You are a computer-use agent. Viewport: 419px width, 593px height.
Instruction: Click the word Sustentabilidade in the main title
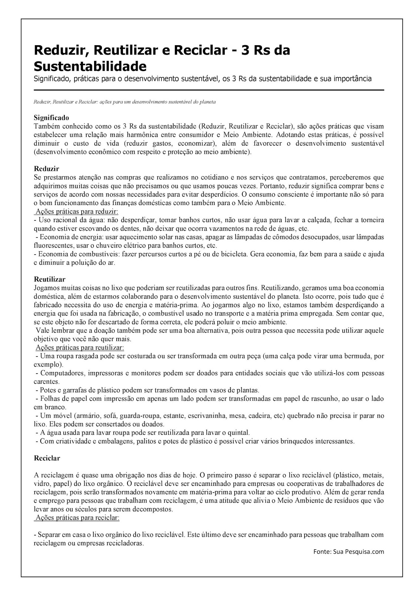(x=90, y=66)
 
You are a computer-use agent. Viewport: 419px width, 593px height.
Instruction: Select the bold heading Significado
(x=51, y=118)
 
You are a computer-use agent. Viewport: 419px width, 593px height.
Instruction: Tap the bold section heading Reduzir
(x=46, y=169)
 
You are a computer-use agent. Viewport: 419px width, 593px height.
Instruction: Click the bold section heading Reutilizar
(x=50, y=279)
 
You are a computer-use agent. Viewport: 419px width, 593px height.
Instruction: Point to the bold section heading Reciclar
(x=47, y=458)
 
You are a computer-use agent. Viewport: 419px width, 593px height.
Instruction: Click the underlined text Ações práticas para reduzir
(x=77, y=212)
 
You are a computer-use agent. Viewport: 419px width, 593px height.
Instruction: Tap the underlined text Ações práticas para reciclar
(x=77, y=517)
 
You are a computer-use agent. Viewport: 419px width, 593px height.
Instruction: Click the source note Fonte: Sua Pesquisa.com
(x=349, y=551)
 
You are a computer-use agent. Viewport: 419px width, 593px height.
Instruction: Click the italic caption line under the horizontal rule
(x=124, y=102)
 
